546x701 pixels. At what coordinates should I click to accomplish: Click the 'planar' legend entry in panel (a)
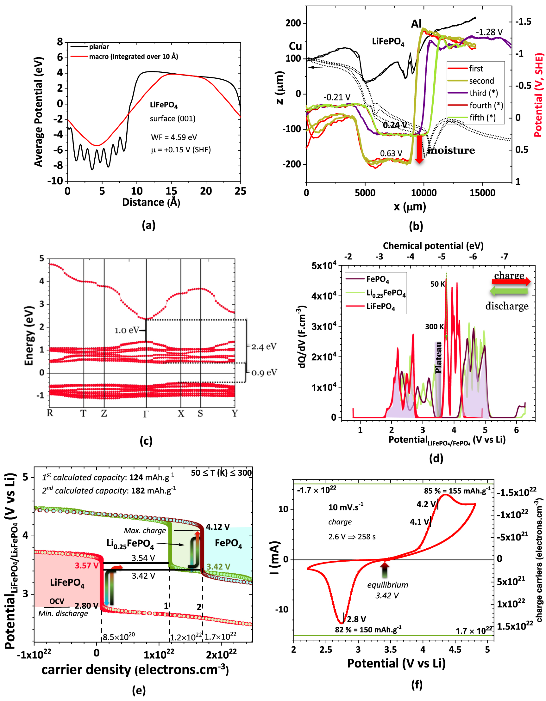(x=99, y=47)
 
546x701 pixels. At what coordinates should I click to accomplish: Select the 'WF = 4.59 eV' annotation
(x=174, y=137)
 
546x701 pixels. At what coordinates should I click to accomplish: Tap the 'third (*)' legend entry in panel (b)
(x=483, y=93)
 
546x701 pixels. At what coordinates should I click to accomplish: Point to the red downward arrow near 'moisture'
(x=419, y=149)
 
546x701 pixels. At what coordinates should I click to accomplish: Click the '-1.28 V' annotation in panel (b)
(x=489, y=33)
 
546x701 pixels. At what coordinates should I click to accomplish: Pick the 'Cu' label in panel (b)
(x=295, y=46)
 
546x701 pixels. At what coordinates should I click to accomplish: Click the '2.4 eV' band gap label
(x=264, y=347)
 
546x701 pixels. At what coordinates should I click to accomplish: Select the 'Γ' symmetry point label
(x=146, y=414)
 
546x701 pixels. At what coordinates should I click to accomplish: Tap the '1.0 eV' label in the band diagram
(x=127, y=330)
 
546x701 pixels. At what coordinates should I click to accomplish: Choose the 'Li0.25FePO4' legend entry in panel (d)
(x=386, y=293)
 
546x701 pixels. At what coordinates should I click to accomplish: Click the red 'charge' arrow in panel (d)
(x=511, y=282)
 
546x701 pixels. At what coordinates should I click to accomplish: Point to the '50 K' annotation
(x=437, y=284)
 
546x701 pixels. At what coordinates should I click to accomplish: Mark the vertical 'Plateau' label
(x=438, y=357)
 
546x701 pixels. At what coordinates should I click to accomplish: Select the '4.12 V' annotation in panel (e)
(x=217, y=527)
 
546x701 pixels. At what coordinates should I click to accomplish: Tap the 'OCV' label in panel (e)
(x=57, y=601)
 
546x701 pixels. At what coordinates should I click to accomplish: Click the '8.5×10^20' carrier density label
(x=119, y=637)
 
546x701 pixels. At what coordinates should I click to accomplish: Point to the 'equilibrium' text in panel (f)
(x=387, y=585)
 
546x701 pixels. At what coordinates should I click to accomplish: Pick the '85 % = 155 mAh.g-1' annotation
(x=457, y=491)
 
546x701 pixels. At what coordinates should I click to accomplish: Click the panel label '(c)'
(x=146, y=441)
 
